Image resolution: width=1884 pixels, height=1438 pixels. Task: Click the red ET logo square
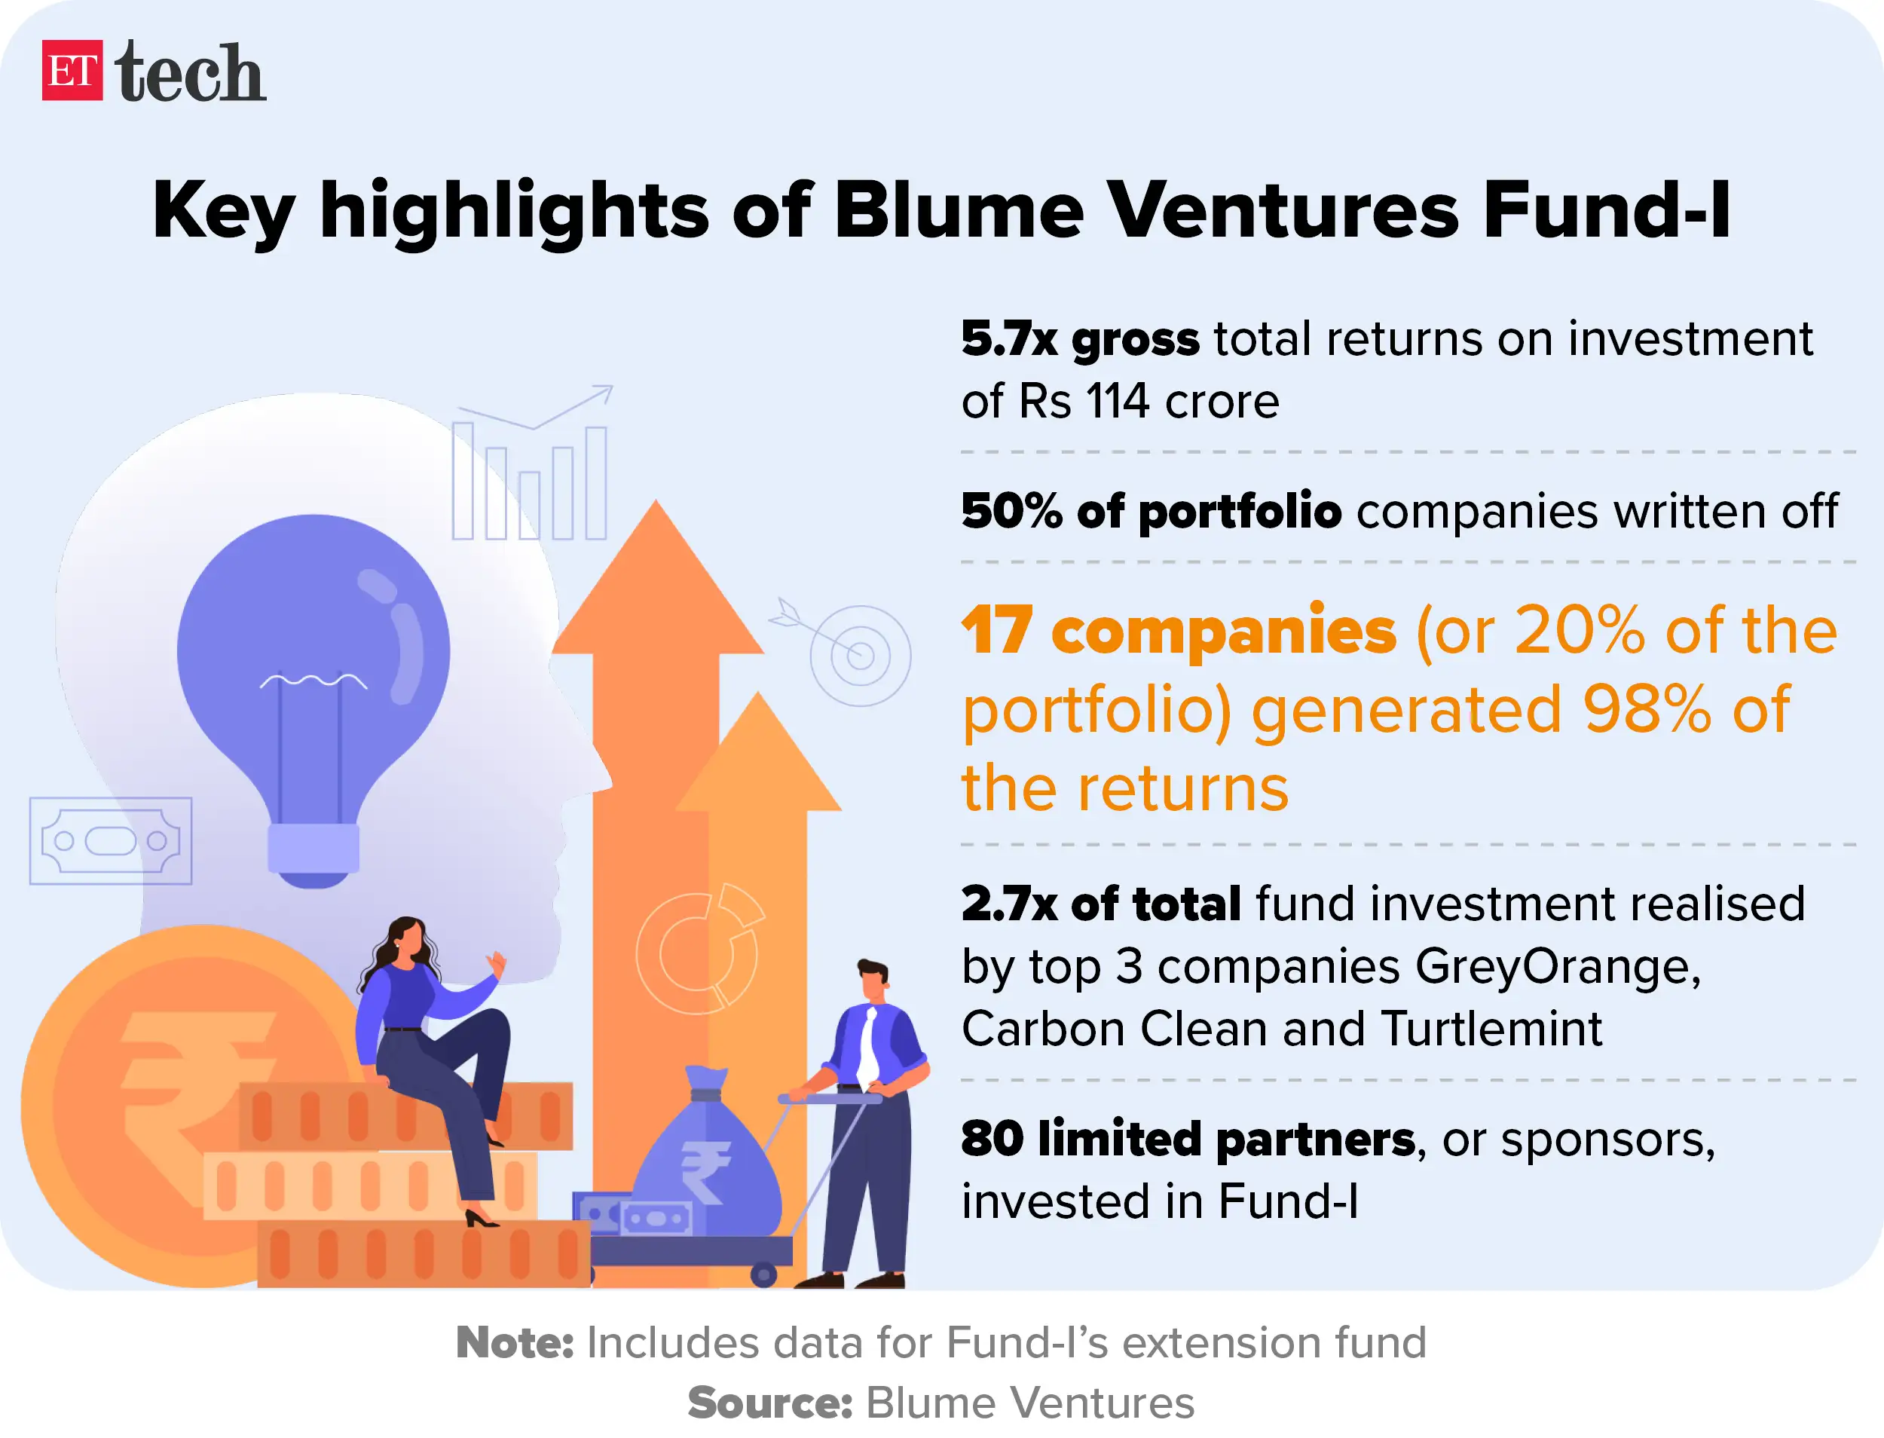72,70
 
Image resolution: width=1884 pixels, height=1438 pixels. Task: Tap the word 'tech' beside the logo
189,73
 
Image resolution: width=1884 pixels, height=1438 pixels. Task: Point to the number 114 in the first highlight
1117,401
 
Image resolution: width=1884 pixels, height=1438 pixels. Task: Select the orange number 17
996,631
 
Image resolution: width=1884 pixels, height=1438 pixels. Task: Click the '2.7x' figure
1008,904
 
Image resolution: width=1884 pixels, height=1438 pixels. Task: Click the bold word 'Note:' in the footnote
515,1342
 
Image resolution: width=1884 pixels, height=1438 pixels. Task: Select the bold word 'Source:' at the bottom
769,1403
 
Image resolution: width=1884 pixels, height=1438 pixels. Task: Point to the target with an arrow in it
858,655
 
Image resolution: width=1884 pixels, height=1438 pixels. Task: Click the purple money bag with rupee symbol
706,1164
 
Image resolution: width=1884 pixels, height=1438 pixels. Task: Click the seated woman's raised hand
497,965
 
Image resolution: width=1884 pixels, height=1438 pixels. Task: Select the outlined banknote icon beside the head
111,840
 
